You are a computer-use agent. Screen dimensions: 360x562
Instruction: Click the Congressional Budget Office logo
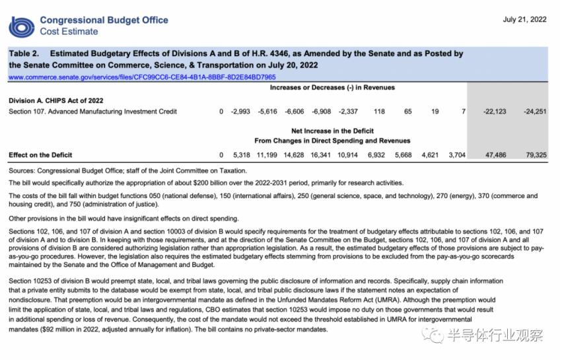click(x=21, y=26)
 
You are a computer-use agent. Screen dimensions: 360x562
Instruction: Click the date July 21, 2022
click(x=524, y=19)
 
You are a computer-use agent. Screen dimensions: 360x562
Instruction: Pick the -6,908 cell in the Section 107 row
click(x=320, y=112)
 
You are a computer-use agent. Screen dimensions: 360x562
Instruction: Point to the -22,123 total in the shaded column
click(x=494, y=112)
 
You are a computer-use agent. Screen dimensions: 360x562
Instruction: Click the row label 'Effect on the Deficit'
click(x=41, y=155)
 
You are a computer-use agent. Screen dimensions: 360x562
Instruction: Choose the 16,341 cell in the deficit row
click(x=320, y=155)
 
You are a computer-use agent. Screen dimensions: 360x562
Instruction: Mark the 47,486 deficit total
click(x=494, y=155)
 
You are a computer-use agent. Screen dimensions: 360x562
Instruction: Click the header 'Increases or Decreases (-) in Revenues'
click(x=332, y=87)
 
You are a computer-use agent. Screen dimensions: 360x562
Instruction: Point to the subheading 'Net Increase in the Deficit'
click(x=332, y=131)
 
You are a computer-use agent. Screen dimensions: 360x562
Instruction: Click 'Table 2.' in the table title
click(x=24, y=54)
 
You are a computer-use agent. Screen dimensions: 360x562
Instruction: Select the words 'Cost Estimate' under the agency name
click(x=69, y=31)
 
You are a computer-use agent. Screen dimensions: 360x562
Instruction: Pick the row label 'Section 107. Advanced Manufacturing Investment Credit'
click(x=92, y=112)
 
